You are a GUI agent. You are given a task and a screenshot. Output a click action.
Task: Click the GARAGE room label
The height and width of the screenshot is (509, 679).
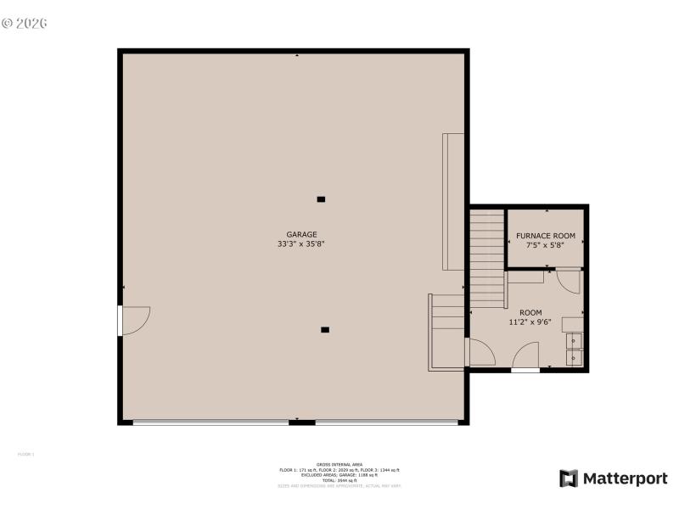pos(301,234)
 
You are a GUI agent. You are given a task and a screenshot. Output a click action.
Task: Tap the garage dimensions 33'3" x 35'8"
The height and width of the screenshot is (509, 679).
pos(301,244)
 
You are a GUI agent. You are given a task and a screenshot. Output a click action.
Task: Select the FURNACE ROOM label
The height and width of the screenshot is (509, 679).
pos(546,235)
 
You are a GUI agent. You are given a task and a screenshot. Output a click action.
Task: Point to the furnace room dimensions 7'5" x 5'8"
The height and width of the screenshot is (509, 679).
pos(546,245)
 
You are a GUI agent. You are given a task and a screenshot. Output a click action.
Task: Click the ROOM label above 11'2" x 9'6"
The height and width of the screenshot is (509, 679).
pos(530,312)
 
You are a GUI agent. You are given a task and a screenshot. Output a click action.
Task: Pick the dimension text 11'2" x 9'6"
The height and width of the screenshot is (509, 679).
pos(530,322)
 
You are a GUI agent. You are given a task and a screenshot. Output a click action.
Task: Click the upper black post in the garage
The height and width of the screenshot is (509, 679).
pos(321,199)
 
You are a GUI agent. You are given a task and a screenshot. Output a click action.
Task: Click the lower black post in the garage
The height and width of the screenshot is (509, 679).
pos(325,329)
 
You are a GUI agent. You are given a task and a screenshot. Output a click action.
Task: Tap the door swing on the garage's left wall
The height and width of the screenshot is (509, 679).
pos(135,319)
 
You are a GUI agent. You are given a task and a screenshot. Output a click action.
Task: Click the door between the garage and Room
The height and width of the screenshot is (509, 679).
pos(479,352)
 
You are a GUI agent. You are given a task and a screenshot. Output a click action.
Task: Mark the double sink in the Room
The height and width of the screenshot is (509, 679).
pos(575,350)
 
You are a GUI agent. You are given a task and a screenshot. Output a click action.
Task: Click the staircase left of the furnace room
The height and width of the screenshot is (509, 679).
pos(486,259)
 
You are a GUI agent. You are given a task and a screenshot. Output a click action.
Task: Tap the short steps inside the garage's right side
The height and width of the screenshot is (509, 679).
pos(447,331)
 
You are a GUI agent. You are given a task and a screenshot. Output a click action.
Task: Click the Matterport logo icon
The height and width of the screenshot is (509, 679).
pos(569,478)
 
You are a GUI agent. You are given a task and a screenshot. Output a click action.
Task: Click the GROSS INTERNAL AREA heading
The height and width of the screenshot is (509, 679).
pos(339,465)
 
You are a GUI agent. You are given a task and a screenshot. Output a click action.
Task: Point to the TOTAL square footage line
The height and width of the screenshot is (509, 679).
pos(339,480)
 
